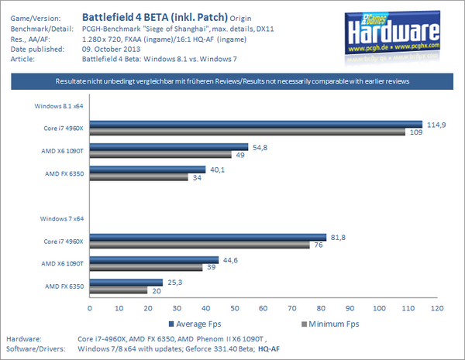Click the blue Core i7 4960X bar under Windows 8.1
point(256,124)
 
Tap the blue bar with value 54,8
point(169,146)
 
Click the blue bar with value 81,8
point(208,238)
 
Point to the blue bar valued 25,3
point(126,283)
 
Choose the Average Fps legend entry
point(198,323)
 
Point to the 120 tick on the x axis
point(437,307)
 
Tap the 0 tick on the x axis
point(90,307)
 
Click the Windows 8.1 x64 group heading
point(59,105)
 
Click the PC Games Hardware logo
point(401,33)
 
